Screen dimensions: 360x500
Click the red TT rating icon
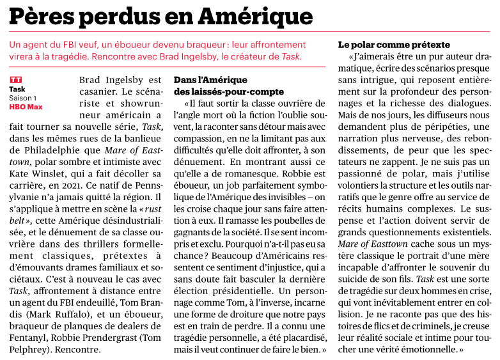(16, 80)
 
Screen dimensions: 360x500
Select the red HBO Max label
(26, 107)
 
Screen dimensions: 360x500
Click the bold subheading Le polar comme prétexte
(394, 45)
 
